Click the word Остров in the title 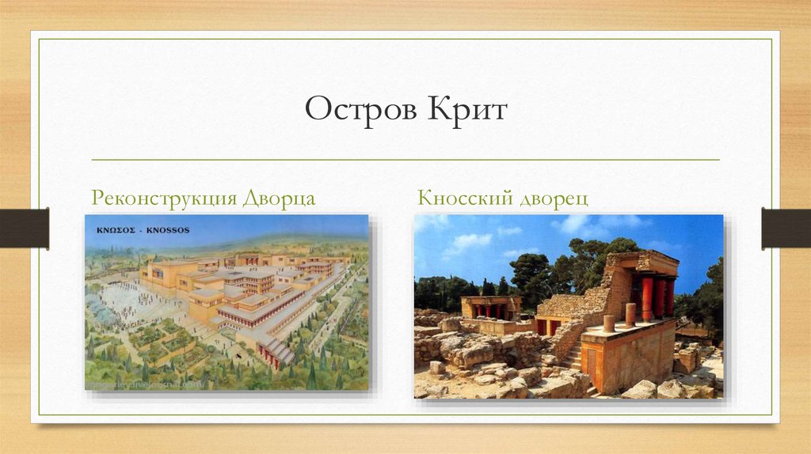pos(351,109)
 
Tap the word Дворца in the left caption pos(279,198)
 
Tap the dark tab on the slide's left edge pos(24,228)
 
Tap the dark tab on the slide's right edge pos(786,228)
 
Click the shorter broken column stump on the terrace pos(609,323)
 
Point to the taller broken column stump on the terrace pos(630,314)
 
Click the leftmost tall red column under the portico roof pos(646,297)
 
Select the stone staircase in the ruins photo pos(570,356)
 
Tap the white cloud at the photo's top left pos(467,240)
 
